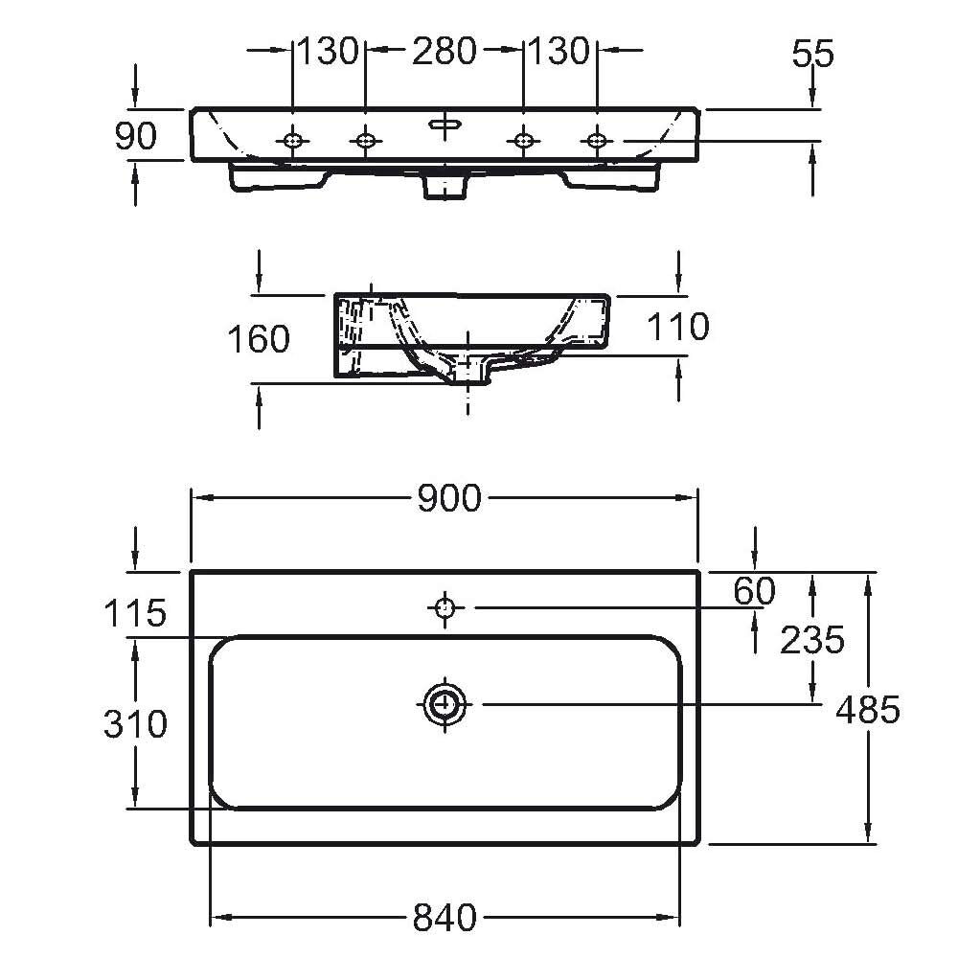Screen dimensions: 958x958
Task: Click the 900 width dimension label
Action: [x=449, y=498]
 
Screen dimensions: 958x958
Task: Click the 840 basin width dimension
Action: [x=445, y=918]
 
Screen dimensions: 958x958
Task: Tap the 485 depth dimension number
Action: [x=867, y=710]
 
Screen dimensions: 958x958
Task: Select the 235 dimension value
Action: [x=812, y=640]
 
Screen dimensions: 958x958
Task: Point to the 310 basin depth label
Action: [x=135, y=723]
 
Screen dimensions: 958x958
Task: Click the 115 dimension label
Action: [x=135, y=613]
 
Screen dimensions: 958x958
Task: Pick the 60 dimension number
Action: [x=754, y=591]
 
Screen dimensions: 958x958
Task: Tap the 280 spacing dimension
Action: [x=445, y=51]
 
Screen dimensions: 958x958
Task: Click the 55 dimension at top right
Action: [x=812, y=54]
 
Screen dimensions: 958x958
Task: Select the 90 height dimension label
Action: [x=136, y=136]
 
